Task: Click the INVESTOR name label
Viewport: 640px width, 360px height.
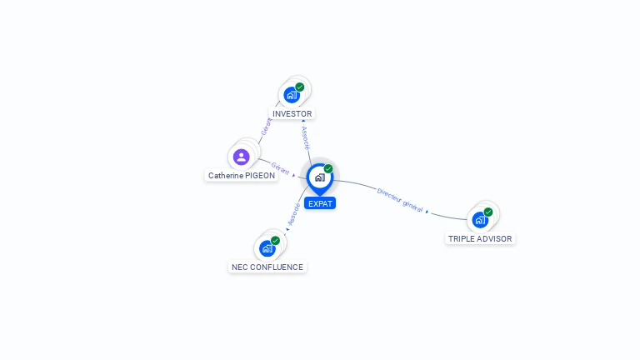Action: (x=292, y=113)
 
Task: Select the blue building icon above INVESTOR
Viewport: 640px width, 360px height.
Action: (x=291, y=95)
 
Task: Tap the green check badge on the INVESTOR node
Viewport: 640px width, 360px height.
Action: (x=300, y=87)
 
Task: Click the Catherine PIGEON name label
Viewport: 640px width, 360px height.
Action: (x=242, y=176)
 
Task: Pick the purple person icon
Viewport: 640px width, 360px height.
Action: (x=242, y=157)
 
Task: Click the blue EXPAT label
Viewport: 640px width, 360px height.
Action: (x=320, y=203)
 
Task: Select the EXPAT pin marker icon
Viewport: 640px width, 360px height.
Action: (x=319, y=177)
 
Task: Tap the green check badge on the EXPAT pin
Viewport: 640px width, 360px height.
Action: (x=328, y=168)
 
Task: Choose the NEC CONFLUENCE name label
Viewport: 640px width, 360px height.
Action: (x=267, y=267)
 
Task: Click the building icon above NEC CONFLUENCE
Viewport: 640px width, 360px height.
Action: (x=267, y=248)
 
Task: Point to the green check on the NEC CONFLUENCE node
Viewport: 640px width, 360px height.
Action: (x=276, y=240)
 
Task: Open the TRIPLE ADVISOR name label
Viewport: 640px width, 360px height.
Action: (x=480, y=238)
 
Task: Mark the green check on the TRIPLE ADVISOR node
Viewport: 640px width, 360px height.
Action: (x=488, y=212)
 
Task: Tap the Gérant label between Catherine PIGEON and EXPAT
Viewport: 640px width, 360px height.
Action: (x=280, y=169)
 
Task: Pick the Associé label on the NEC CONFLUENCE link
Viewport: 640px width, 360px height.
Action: (x=294, y=214)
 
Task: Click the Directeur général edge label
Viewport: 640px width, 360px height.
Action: (x=400, y=199)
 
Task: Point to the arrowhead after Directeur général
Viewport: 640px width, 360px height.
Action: (x=427, y=212)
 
